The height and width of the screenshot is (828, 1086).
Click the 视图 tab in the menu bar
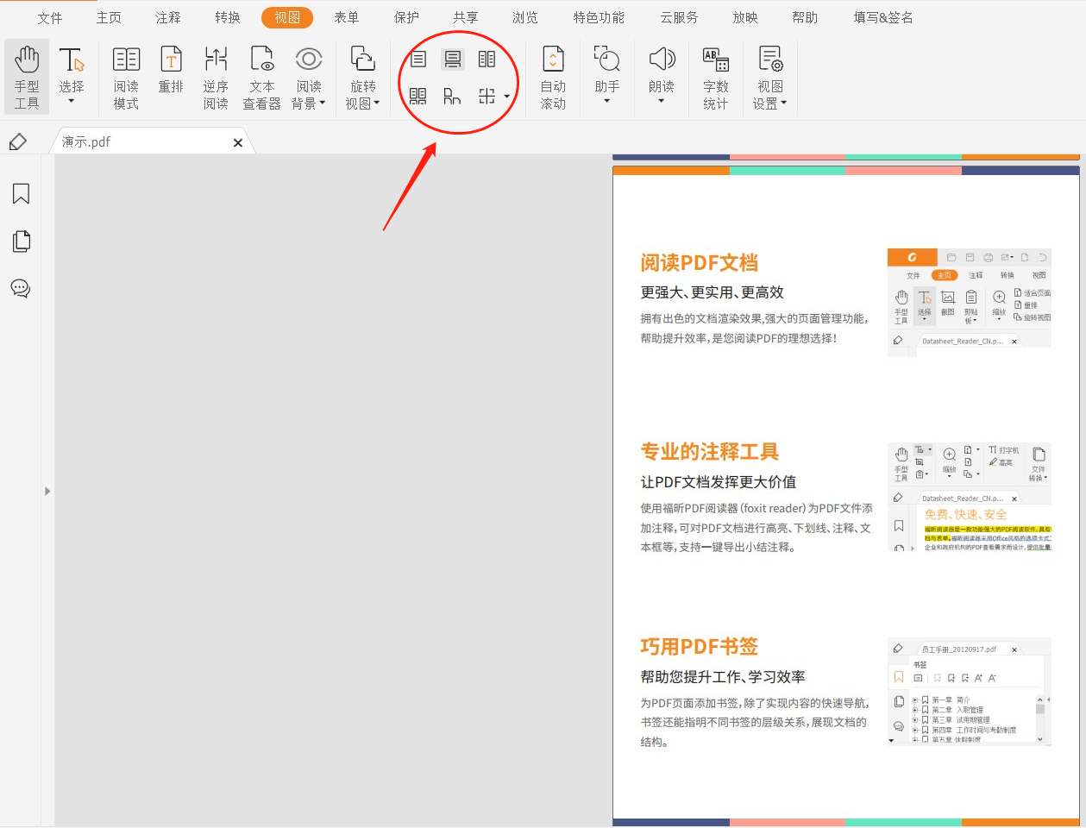[x=287, y=17]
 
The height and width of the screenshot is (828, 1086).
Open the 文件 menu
[x=50, y=17]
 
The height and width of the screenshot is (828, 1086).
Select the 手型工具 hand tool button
[x=27, y=77]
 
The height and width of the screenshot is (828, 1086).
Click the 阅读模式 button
[x=126, y=77]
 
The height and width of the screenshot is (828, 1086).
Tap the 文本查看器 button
[x=261, y=77]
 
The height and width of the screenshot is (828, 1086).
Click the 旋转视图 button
[x=362, y=77]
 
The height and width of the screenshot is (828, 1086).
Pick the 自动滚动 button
[x=553, y=77]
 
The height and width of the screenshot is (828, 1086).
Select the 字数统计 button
[x=716, y=77]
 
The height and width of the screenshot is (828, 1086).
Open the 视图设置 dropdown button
[x=770, y=77]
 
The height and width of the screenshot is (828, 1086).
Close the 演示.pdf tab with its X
[x=238, y=143]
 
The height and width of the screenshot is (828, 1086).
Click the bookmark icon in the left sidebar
[x=22, y=194]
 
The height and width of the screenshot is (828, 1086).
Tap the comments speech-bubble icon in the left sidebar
[x=21, y=288]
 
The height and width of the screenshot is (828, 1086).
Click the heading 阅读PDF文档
[x=699, y=263]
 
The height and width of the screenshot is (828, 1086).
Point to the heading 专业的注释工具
[x=709, y=452]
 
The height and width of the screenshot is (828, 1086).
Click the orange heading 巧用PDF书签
[x=699, y=647]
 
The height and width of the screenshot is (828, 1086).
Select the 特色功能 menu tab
[x=599, y=17]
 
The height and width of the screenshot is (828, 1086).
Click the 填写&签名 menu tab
[x=883, y=17]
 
